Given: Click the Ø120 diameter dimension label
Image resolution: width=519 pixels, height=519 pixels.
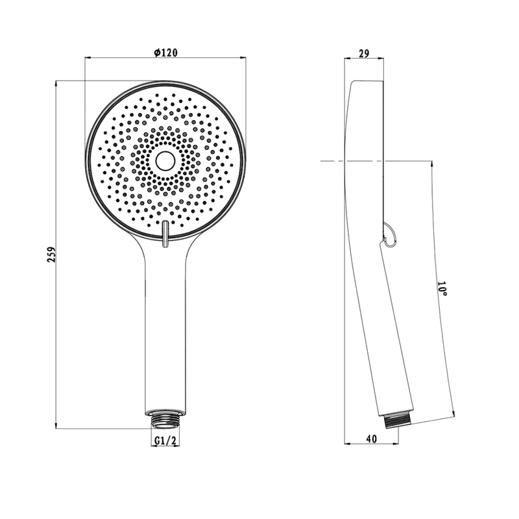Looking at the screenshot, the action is click(x=166, y=53).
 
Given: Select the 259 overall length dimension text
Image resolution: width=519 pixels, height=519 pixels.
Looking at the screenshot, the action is click(x=52, y=254).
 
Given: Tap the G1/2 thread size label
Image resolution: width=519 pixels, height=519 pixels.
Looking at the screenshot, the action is click(x=165, y=441).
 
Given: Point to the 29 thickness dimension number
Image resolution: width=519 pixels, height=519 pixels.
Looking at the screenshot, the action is click(x=364, y=53).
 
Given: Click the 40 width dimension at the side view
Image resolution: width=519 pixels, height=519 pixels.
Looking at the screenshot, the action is click(x=372, y=439).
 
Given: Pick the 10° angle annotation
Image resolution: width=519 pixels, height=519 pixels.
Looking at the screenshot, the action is click(x=442, y=289).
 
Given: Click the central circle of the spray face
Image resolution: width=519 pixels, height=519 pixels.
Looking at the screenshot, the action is click(x=165, y=161).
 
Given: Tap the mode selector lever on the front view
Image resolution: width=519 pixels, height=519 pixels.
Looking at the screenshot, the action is click(x=165, y=234).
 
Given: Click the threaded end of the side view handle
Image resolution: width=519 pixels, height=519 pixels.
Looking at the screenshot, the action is click(x=398, y=420).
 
